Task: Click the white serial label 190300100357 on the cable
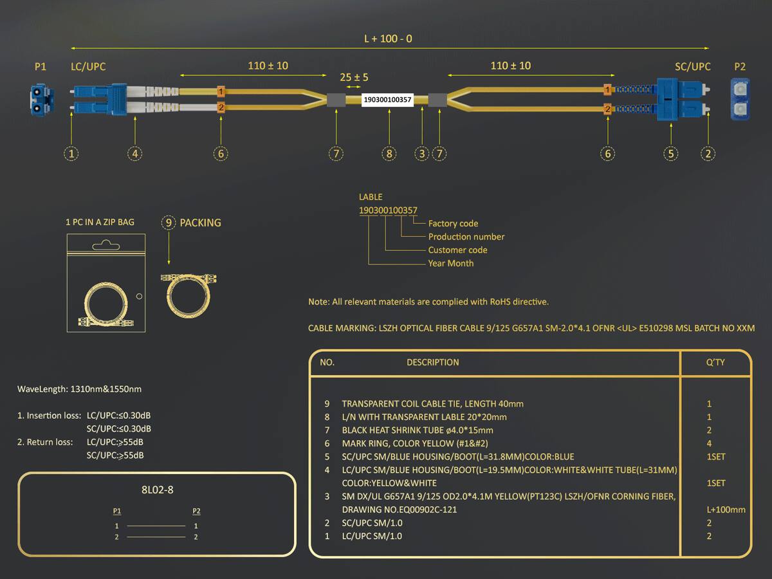[x=387, y=100]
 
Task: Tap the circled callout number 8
[x=389, y=154]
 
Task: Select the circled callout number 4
[x=134, y=154]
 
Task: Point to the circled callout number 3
[x=421, y=154]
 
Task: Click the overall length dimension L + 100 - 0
[x=388, y=39]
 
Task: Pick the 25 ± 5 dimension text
[x=354, y=77]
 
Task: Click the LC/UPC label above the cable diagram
[x=88, y=66]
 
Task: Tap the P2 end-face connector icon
[x=740, y=99]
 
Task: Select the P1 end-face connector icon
[x=42, y=100]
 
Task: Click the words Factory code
[x=453, y=223]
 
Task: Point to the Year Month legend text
[x=450, y=263]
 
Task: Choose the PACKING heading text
[x=200, y=223]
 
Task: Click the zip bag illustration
[x=106, y=283]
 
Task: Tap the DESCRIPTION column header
[x=432, y=362]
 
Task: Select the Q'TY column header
[x=715, y=362]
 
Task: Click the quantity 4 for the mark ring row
[x=709, y=443]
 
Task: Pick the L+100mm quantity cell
[x=726, y=510]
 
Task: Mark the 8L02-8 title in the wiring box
[x=157, y=490]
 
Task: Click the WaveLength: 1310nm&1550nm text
[x=80, y=389]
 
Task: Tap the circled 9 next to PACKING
[x=169, y=223]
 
